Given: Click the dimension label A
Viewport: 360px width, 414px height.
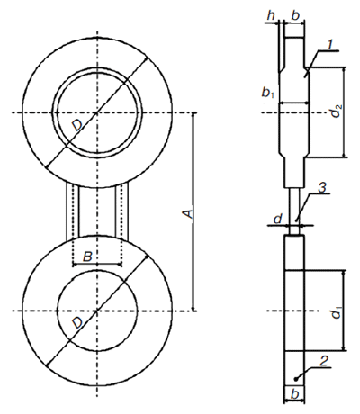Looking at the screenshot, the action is (x=188, y=214).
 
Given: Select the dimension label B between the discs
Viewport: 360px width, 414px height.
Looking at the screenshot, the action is (x=87, y=256).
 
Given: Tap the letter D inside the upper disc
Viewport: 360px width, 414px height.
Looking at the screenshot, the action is (x=77, y=125).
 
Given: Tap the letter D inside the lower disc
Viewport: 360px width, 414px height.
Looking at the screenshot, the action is (x=77, y=323).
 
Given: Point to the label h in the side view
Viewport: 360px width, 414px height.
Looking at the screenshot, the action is (x=271, y=16).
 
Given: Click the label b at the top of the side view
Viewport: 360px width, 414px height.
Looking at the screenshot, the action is (x=295, y=16).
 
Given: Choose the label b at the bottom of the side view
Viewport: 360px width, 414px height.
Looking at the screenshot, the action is (x=295, y=394).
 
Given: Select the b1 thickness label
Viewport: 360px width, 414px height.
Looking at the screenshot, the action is (x=267, y=93).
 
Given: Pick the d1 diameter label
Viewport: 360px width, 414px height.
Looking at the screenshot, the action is (x=337, y=313).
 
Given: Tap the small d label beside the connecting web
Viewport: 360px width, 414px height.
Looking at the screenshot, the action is (x=278, y=219).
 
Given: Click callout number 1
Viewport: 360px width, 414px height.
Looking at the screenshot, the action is (x=329, y=45).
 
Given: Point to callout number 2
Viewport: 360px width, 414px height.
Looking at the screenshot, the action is (x=324, y=362).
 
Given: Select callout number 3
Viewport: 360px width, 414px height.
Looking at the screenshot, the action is (x=322, y=188).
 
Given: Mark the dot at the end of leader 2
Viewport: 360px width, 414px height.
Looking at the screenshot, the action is (x=295, y=379).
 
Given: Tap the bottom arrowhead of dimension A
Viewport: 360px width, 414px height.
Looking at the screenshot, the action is (x=193, y=308).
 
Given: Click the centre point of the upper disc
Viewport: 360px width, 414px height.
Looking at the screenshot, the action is (x=97, y=112).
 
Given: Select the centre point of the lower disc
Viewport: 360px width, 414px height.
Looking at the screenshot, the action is (x=97, y=310).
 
